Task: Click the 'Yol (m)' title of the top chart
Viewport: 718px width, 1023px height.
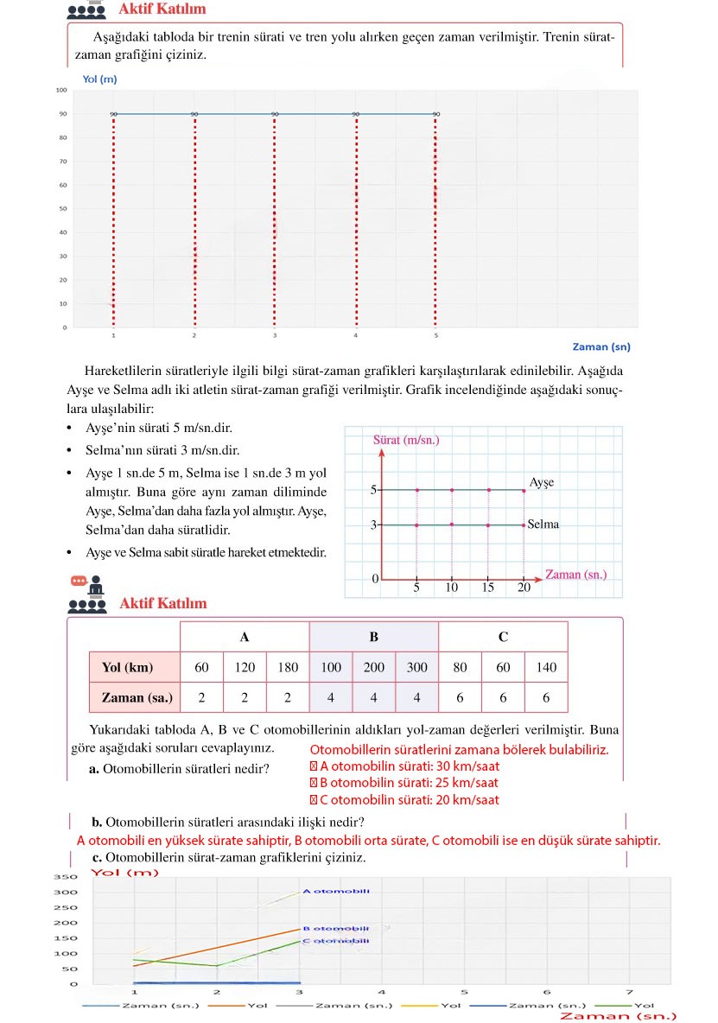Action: [99, 79]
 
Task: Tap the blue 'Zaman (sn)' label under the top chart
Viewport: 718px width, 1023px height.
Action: [601, 346]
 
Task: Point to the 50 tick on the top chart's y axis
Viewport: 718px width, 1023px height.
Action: [61, 209]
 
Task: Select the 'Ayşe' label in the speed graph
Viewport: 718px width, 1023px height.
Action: [541, 483]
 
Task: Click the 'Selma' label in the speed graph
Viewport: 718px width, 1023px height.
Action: [543, 524]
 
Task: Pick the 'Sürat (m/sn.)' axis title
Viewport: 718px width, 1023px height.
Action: [406, 440]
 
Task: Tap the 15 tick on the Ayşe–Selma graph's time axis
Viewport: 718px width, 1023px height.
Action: [488, 588]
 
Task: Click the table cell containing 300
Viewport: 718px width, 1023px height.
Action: [417, 667]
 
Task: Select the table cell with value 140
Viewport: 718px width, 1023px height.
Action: [546, 667]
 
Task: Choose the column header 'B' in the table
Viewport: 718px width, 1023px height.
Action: [374, 637]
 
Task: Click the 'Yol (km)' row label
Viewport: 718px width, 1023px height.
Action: [127, 667]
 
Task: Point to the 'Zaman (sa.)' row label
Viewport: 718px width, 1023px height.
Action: [137, 696]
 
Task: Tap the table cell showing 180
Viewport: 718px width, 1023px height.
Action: [288, 667]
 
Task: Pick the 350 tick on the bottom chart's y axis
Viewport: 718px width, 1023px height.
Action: [67, 877]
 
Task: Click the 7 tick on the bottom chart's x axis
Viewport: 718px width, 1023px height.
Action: [629, 993]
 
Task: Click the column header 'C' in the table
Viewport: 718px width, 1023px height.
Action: [503, 637]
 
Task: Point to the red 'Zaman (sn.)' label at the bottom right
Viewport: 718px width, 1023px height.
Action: [618, 1015]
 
